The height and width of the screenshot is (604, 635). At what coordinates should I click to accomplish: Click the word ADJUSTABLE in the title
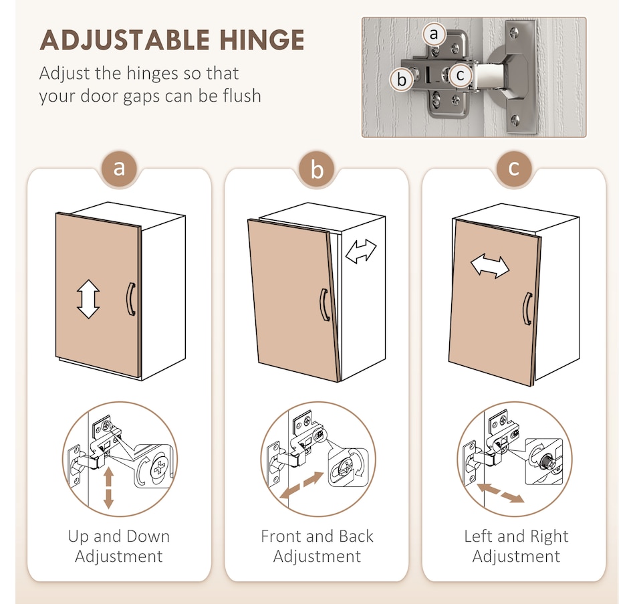pyautogui.click(x=125, y=39)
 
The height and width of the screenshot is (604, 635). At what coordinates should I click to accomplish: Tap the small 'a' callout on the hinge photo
pyautogui.click(x=434, y=34)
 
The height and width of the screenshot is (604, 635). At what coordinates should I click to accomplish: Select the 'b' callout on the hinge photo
pyautogui.click(x=401, y=80)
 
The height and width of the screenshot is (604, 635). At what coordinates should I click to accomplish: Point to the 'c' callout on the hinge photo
pyautogui.click(x=460, y=75)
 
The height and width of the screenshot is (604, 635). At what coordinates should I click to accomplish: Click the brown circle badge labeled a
pyautogui.click(x=119, y=169)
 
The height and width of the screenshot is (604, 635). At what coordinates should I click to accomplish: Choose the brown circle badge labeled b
pyautogui.click(x=317, y=169)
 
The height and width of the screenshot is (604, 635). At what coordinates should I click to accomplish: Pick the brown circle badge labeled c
pyautogui.click(x=514, y=169)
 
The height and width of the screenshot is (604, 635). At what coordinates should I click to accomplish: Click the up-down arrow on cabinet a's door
pyautogui.click(x=88, y=299)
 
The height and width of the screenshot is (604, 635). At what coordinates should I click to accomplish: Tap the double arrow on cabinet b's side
pyautogui.click(x=361, y=251)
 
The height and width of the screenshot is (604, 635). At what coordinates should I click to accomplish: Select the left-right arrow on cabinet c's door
pyautogui.click(x=490, y=267)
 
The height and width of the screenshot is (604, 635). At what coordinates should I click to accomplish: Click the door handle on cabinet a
pyautogui.click(x=130, y=299)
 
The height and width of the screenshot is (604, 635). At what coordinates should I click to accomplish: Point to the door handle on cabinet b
pyautogui.click(x=324, y=305)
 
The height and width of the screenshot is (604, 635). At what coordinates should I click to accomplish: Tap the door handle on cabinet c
pyautogui.click(x=527, y=309)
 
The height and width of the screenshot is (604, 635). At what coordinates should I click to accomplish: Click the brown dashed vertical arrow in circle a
pyautogui.click(x=108, y=488)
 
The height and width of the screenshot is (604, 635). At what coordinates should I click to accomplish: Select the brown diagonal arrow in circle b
pyautogui.click(x=301, y=485)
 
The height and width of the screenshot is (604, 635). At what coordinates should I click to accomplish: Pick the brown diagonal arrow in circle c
pyautogui.click(x=501, y=493)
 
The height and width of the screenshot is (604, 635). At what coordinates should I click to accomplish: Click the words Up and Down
pyautogui.click(x=119, y=536)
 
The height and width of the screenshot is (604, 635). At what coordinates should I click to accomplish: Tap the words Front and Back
pyautogui.click(x=317, y=536)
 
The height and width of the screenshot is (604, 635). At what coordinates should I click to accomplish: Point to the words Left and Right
pyautogui.click(x=516, y=536)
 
